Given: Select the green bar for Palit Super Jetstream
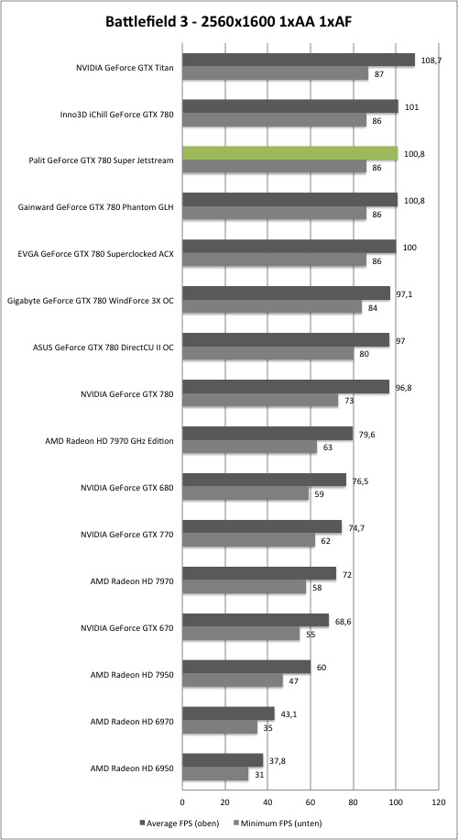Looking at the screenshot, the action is click(x=290, y=153).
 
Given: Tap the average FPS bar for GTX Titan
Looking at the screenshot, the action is click(x=299, y=60).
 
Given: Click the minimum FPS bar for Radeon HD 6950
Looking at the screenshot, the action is click(x=215, y=774).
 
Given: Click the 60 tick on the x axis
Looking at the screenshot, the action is click(x=311, y=802).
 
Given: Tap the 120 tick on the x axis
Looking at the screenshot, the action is click(x=438, y=802).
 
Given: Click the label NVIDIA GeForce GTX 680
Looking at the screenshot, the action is click(x=126, y=488).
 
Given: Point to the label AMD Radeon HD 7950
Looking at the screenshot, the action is click(x=132, y=674).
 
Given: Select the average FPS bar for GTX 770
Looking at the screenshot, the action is click(x=262, y=526).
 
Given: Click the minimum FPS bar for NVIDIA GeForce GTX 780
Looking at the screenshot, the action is click(x=260, y=400).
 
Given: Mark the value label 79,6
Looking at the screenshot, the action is click(x=367, y=435).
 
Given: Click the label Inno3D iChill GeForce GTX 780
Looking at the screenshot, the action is click(x=117, y=114).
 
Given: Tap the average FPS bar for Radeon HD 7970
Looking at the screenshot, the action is click(x=259, y=573).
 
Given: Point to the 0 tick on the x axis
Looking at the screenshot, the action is click(x=182, y=802).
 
